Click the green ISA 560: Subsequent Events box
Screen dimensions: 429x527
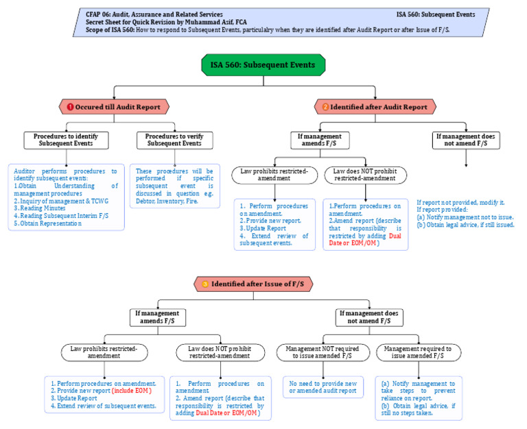pos(263,65)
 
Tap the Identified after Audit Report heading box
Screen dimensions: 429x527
pos(375,107)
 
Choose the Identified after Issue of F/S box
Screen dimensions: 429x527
pos(252,284)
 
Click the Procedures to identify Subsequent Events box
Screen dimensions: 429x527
pos(67,140)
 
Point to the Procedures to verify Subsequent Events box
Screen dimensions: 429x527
pos(174,140)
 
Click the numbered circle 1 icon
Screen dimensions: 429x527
pos(69,107)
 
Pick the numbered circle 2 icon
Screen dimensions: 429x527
pos(326,107)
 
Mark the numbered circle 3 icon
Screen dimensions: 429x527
pos(204,284)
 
